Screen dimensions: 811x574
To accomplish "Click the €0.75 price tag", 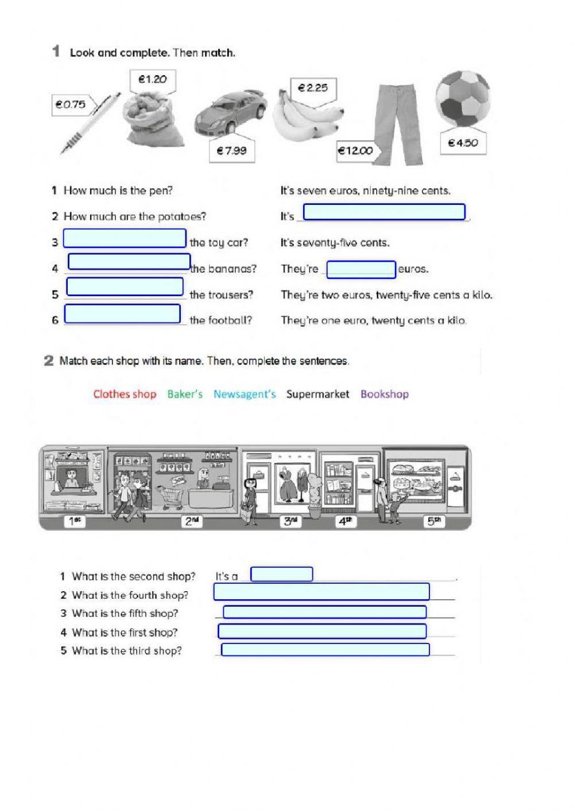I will pyautogui.click(x=71, y=104).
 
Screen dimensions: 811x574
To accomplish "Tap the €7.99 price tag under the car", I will pyautogui.click(x=231, y=151).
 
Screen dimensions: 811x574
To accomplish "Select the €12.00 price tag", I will pyautogui.click(x=355, y=151).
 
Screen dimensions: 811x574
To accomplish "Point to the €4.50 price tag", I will pyautogui.click(x=463, y=143).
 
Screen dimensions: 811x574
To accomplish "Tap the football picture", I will pyautogui.click(x=463, y=99).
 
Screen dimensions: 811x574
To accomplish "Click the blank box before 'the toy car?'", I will pyautogui.click(x=125, y=238).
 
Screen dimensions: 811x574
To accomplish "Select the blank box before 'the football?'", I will pyautogui.click(x=123, y=314).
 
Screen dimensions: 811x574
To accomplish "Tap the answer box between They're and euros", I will pyautogui.click(x=361, y=269).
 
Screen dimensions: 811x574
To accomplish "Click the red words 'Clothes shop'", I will pyautogui.click(x=125, y=394).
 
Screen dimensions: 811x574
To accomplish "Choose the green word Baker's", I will pyautogui.click(x=185, y=394).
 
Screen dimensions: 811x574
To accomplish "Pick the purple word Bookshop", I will pyautogui.click(x=385, y=394).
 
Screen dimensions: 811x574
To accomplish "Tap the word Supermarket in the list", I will pyautogui.click(x=317, y=394).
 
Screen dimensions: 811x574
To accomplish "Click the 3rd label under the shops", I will pyautogui.click(x=291, y=522).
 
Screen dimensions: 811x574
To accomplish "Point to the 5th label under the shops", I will pyautogui.click(x=435, y=522).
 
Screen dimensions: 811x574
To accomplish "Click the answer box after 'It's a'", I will pyautogui.click(x=282, y=574).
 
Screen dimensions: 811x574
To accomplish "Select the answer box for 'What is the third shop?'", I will pyautogui.click(x=325, y=650).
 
